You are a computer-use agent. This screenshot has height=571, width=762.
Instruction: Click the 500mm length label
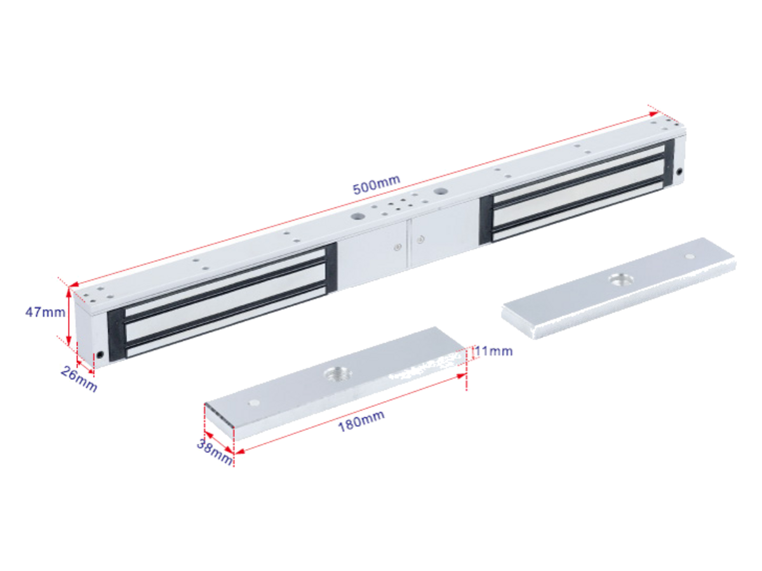[377, 185]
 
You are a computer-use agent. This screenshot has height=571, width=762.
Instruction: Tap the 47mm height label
[45, 312]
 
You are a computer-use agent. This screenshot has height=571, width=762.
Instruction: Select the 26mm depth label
[79, 379]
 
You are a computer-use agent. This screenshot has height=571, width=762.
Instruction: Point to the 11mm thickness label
[493, 351]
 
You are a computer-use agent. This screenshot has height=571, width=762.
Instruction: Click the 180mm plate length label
[361, 421]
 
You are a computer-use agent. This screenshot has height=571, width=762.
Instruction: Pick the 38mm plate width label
[214, 452]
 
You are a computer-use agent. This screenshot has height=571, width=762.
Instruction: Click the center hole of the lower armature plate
[337, 374]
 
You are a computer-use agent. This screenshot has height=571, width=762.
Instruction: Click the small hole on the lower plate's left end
[255, 403]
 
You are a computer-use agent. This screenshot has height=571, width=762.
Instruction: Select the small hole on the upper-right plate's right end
[690, 256]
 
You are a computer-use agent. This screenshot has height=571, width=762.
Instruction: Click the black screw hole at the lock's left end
[100, 355]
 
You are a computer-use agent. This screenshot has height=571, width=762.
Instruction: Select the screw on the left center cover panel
[398, 247]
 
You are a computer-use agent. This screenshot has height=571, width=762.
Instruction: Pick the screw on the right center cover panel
[420, 239]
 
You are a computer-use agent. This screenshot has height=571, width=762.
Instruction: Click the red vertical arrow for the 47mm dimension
[69, 317]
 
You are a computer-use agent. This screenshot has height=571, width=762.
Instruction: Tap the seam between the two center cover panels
[408, 244]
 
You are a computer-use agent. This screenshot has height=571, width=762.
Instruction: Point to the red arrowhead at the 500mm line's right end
[653, 114]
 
